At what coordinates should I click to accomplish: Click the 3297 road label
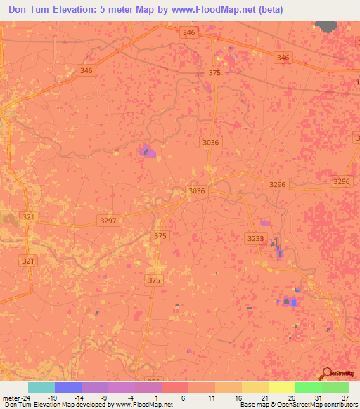[x=108, y=221]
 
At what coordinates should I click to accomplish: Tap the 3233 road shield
[x=256, y=239]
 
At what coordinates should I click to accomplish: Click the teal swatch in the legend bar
[x=41, y=387]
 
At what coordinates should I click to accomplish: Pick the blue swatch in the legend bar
[x=68, y=387]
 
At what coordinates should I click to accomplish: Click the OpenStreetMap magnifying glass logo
[x=327, y=374]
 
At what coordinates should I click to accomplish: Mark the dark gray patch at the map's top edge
[x=326, y=27]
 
